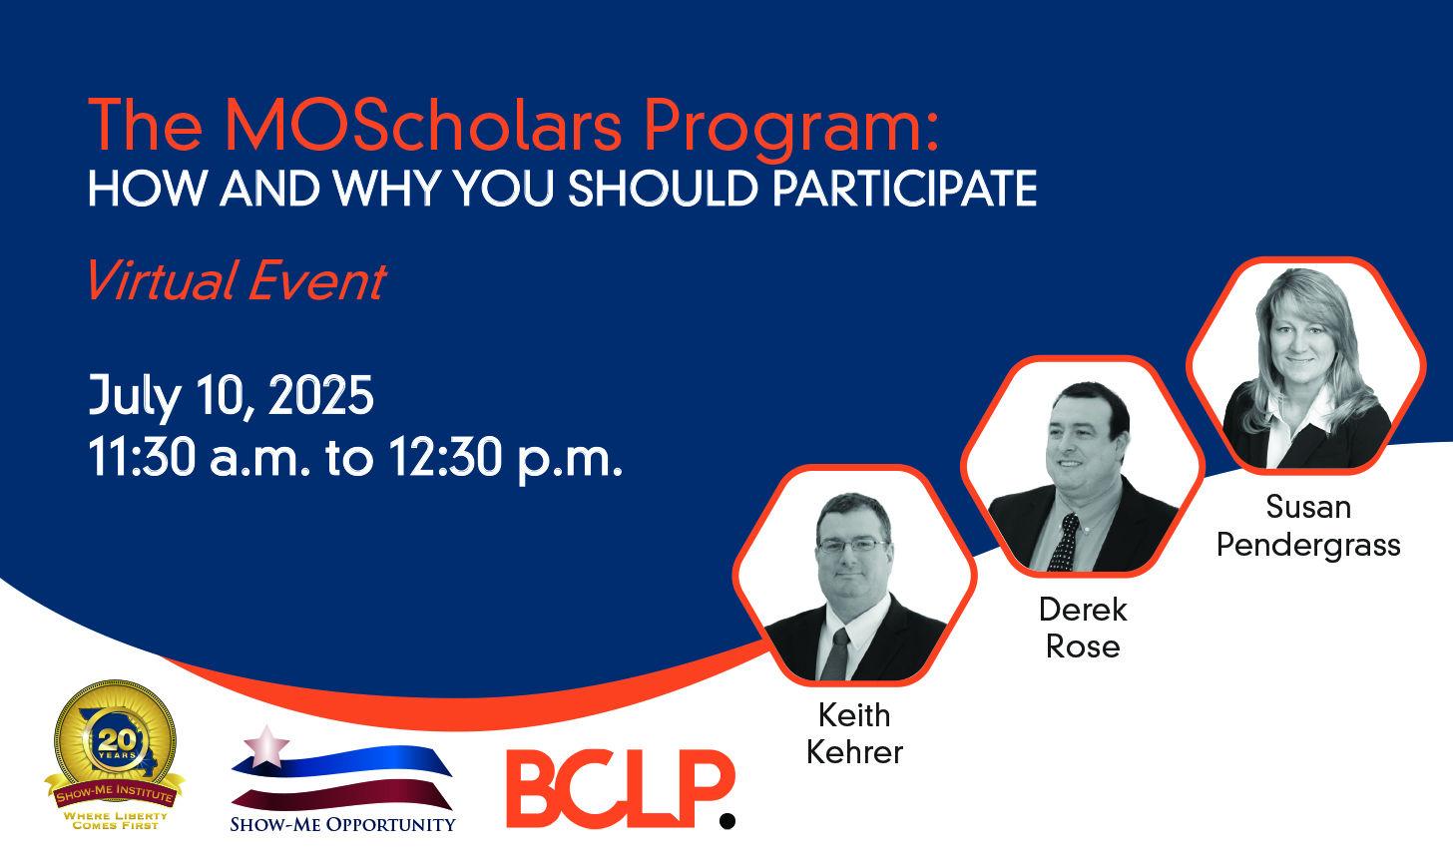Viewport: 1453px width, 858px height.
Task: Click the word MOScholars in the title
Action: click(x=423, y=125)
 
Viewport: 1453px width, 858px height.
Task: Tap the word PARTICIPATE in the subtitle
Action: click(x=904, y=189)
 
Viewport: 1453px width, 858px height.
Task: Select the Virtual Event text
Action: click(x=238, y=280)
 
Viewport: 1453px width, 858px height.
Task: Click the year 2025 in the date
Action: click(x=320, y=395)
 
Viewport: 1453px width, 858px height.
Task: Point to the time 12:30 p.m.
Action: click(x=506, y=458)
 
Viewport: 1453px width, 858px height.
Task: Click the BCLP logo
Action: click(x=621, y=788)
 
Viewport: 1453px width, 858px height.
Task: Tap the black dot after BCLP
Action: click(x=727, y=820)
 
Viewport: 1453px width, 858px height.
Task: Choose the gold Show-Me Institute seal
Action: click(x=115, y=754)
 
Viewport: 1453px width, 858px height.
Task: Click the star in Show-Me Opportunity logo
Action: click(x=265, y=746)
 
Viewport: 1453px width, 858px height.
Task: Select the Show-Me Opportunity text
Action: click(x=342, y=824)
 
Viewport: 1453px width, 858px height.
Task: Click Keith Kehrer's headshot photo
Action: click(x=854, y=576)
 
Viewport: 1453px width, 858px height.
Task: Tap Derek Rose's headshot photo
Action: click(x=1083, y=466)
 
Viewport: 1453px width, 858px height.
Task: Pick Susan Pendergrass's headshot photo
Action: click(x=1305, y=365)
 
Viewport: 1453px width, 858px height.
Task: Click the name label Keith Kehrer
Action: click(x=854, y=733)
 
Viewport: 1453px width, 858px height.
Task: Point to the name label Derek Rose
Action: click(x=1083, y=628)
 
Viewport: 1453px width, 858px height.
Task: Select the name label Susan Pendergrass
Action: click(x=1308, y=526)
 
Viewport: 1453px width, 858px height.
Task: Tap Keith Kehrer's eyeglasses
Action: click(x=853, y=546)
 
